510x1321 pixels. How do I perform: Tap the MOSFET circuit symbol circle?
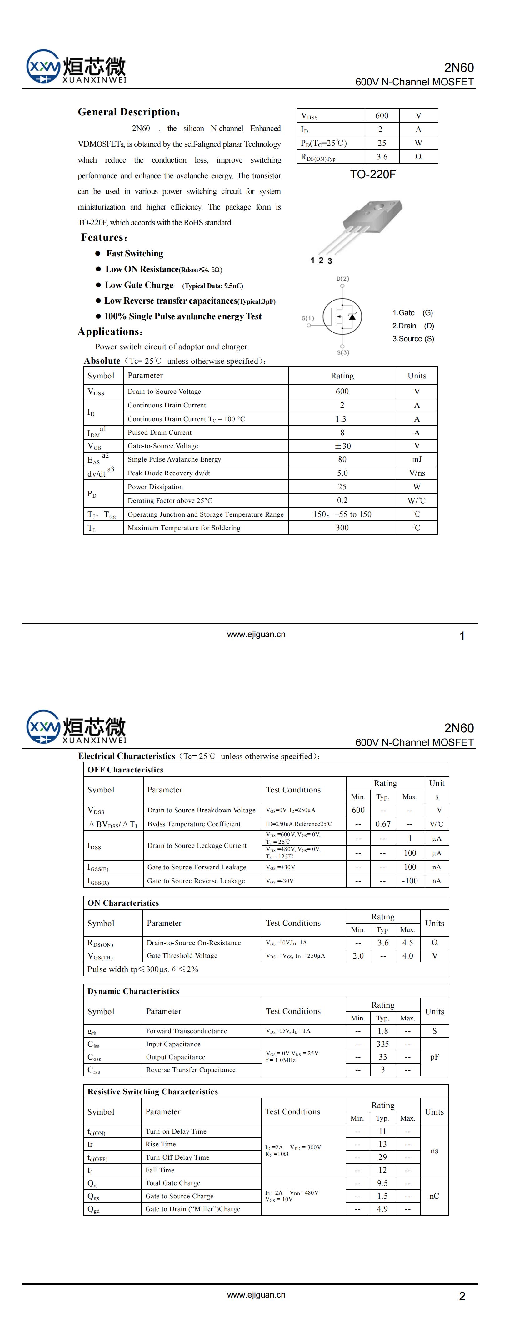(x=342, y=316)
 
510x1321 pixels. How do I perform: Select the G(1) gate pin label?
(x=307, y=318)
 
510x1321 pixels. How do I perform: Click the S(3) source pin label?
(x=343, y=352)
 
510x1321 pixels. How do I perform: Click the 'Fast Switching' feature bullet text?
(x=135, y=253)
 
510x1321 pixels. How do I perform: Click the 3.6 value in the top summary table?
(x=382, y=157)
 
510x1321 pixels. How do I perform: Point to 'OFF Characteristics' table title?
(x=125, y=770)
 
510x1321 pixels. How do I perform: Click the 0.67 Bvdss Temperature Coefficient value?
(x=383, y=824)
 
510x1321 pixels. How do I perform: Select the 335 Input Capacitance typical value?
(x=382, y=1044)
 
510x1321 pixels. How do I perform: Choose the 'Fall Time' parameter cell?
(x=160, y=1170)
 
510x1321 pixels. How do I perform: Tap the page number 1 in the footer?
(x=462, y=636)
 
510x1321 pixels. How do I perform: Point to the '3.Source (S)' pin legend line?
(x=413, y=339)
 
